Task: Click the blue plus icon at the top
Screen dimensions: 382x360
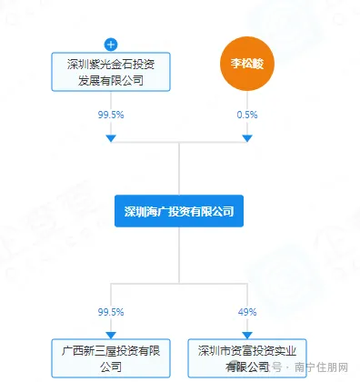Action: click(x=111, y=44)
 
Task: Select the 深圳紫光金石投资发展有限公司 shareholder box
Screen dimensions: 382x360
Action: click(x=111, y=71)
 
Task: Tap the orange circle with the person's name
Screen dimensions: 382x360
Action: click(x=247, y=65)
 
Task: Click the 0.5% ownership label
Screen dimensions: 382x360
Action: click(x=247, y=116)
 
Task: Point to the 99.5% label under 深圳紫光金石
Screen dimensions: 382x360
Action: click(x=111, y=116)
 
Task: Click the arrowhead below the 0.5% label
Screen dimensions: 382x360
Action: click(x=247, y=138)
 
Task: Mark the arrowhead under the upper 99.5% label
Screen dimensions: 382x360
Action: click(x=111, y=138)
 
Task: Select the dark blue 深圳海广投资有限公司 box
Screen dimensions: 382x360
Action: click(x=179, y=211)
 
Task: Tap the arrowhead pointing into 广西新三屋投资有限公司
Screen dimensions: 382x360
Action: click(x=111, y=336)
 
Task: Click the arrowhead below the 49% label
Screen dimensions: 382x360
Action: click(x=247, y=336)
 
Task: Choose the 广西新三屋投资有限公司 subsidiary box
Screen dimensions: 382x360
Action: click(x=111, y=358)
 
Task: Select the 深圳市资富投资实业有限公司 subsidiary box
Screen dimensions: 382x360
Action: click(x=247, y=358)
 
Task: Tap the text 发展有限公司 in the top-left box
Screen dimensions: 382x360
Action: click(x=111, y=80)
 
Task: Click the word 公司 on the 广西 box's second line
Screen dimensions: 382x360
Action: click(x=111, y=367)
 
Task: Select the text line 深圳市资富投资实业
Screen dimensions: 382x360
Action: click(x=247, y=350)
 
